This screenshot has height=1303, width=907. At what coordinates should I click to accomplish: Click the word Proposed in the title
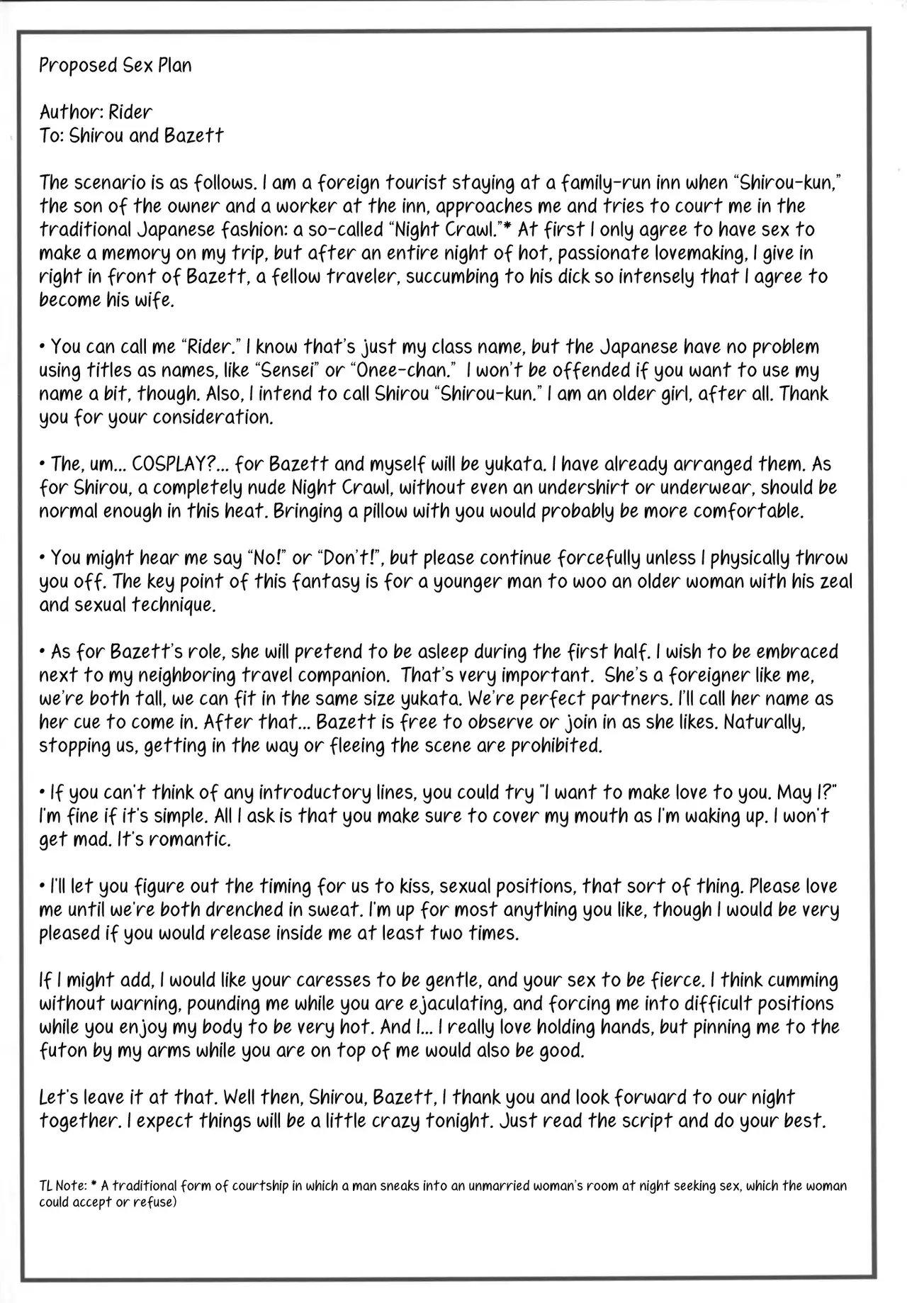[69, 66]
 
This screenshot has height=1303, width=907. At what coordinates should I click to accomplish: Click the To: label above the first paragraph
[52, 135]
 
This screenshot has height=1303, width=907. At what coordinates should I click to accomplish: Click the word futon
[61, 1051]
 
